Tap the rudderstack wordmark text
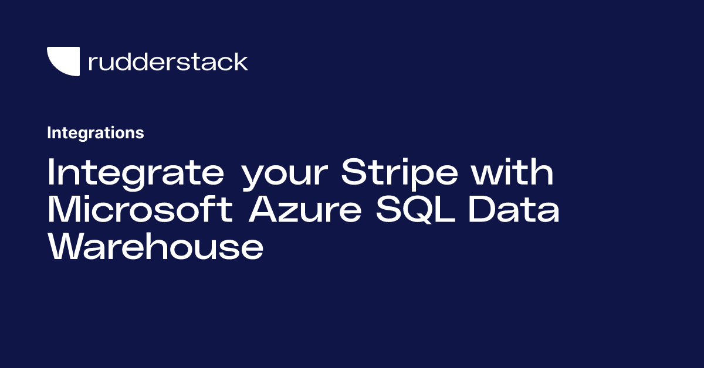point(168,62)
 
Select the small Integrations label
point(96,133)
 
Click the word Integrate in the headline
point(136,173)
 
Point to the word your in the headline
point(285,176)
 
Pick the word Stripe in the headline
point(400,173)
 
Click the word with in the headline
point(512,172)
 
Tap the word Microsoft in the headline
point(140,209)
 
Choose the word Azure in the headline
point(305,209)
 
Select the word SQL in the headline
point(415,209)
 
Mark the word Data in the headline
point(513,209)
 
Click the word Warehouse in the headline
point(155,246)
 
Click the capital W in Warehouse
point(65,246)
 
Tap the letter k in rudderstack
point(241,62)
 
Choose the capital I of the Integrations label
point(49,133)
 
